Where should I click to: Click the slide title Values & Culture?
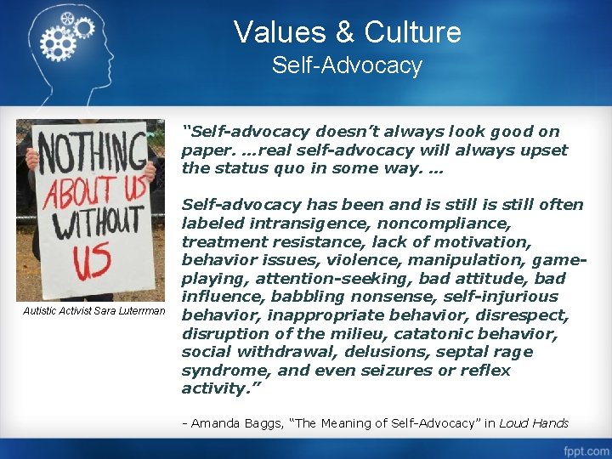tap(347, 32)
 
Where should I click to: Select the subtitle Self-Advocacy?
tap(347, 65)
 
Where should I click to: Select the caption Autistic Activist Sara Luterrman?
tap(93, 310)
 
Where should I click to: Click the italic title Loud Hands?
tap(534, 423)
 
